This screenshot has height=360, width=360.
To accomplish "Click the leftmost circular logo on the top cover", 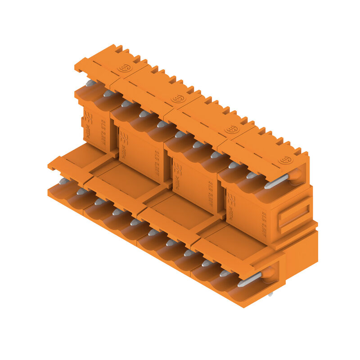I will [x=124, y=68].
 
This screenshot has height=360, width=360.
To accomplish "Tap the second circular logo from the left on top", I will [x=178, y=99].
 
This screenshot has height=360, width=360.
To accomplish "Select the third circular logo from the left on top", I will [x=232, y=129].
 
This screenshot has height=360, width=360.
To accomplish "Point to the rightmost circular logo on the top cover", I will [x=285, y=160].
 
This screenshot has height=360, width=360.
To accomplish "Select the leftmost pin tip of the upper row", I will [x=90, y=83].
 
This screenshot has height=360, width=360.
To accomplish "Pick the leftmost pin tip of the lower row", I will [x=64, y=181].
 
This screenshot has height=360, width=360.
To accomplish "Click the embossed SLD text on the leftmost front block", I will [x=103, y=128].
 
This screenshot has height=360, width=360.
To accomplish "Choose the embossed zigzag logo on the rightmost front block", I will [x=231, y=202].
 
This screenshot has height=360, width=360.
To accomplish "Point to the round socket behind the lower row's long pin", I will [x=268, y=273].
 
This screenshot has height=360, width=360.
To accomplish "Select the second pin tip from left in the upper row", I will [x=108, y=94].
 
